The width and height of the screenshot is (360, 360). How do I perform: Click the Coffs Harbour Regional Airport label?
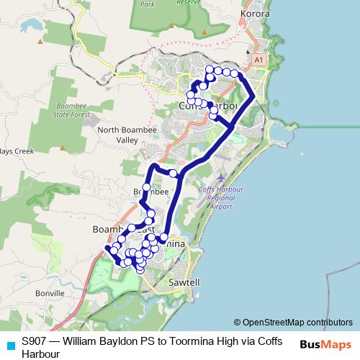point(216,197)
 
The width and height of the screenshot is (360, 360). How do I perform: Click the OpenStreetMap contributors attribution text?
point(297,323)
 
